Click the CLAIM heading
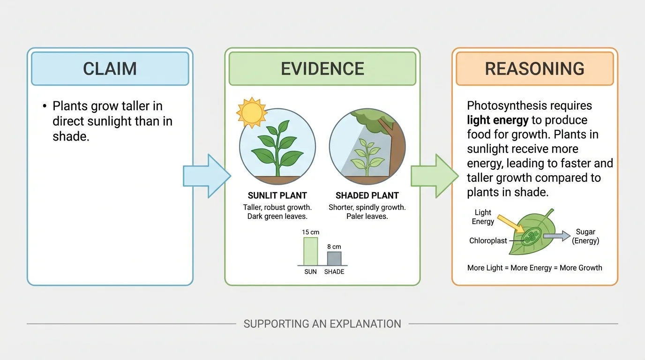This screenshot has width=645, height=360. pos(110,68)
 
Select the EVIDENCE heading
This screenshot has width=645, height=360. pos(322,68)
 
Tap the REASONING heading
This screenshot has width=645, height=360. pos(534,68)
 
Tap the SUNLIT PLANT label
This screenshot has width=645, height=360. pos(277,195)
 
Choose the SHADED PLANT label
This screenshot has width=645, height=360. pos(367,195)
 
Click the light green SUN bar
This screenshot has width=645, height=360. pos(310,252)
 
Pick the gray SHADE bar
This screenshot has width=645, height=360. pos(334,259)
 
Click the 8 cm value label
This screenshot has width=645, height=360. pos(334,246)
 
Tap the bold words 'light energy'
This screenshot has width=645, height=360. pos(497,120)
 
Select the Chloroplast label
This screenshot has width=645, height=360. pos(488,240)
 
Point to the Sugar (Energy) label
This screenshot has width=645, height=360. pos(585,236)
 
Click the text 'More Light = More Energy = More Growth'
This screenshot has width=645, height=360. pos(534,268)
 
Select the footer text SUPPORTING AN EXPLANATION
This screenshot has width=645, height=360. pos(322,324)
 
